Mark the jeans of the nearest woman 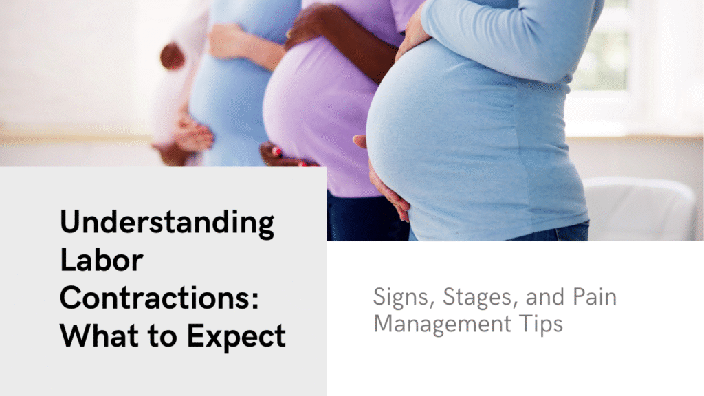(550, 232)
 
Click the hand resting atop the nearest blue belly (412, 34)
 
